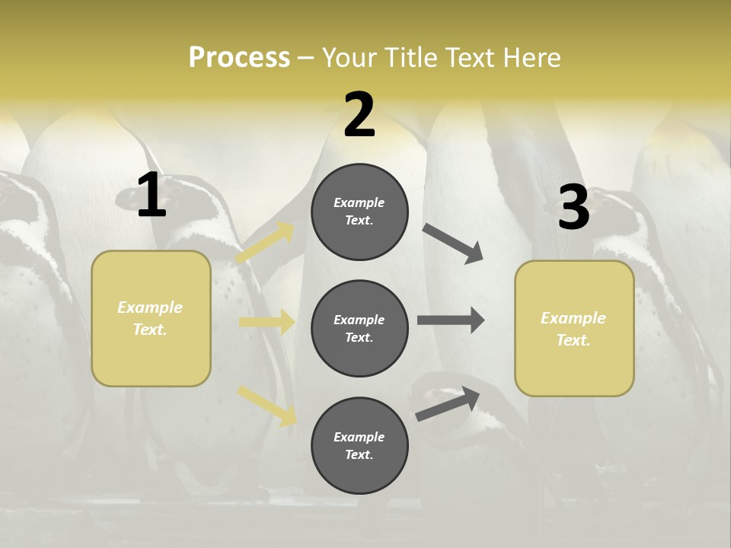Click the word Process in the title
[x=239, y=58]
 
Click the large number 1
[x=151, y=196]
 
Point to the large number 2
[x=359, y=115]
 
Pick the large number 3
[x=573, y=207]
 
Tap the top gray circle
[x=359, y=212]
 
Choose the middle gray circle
[x=359, y=328]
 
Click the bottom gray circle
[x=359, y=445]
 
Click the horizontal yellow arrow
[x=267, y=322]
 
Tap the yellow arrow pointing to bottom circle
[x=267, y=406]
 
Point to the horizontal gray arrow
[x=451, y=320]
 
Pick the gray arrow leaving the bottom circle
[x=448, y=404]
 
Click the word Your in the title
[x=350, y=58]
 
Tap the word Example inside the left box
[x=150, y=307]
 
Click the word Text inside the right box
[x=573, y=340]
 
